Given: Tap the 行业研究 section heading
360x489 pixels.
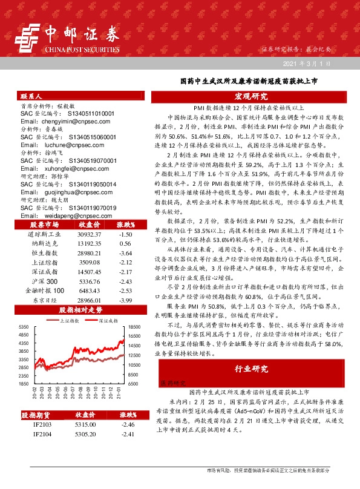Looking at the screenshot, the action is (250, 369).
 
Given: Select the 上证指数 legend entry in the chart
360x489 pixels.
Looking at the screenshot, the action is (71, 321).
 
